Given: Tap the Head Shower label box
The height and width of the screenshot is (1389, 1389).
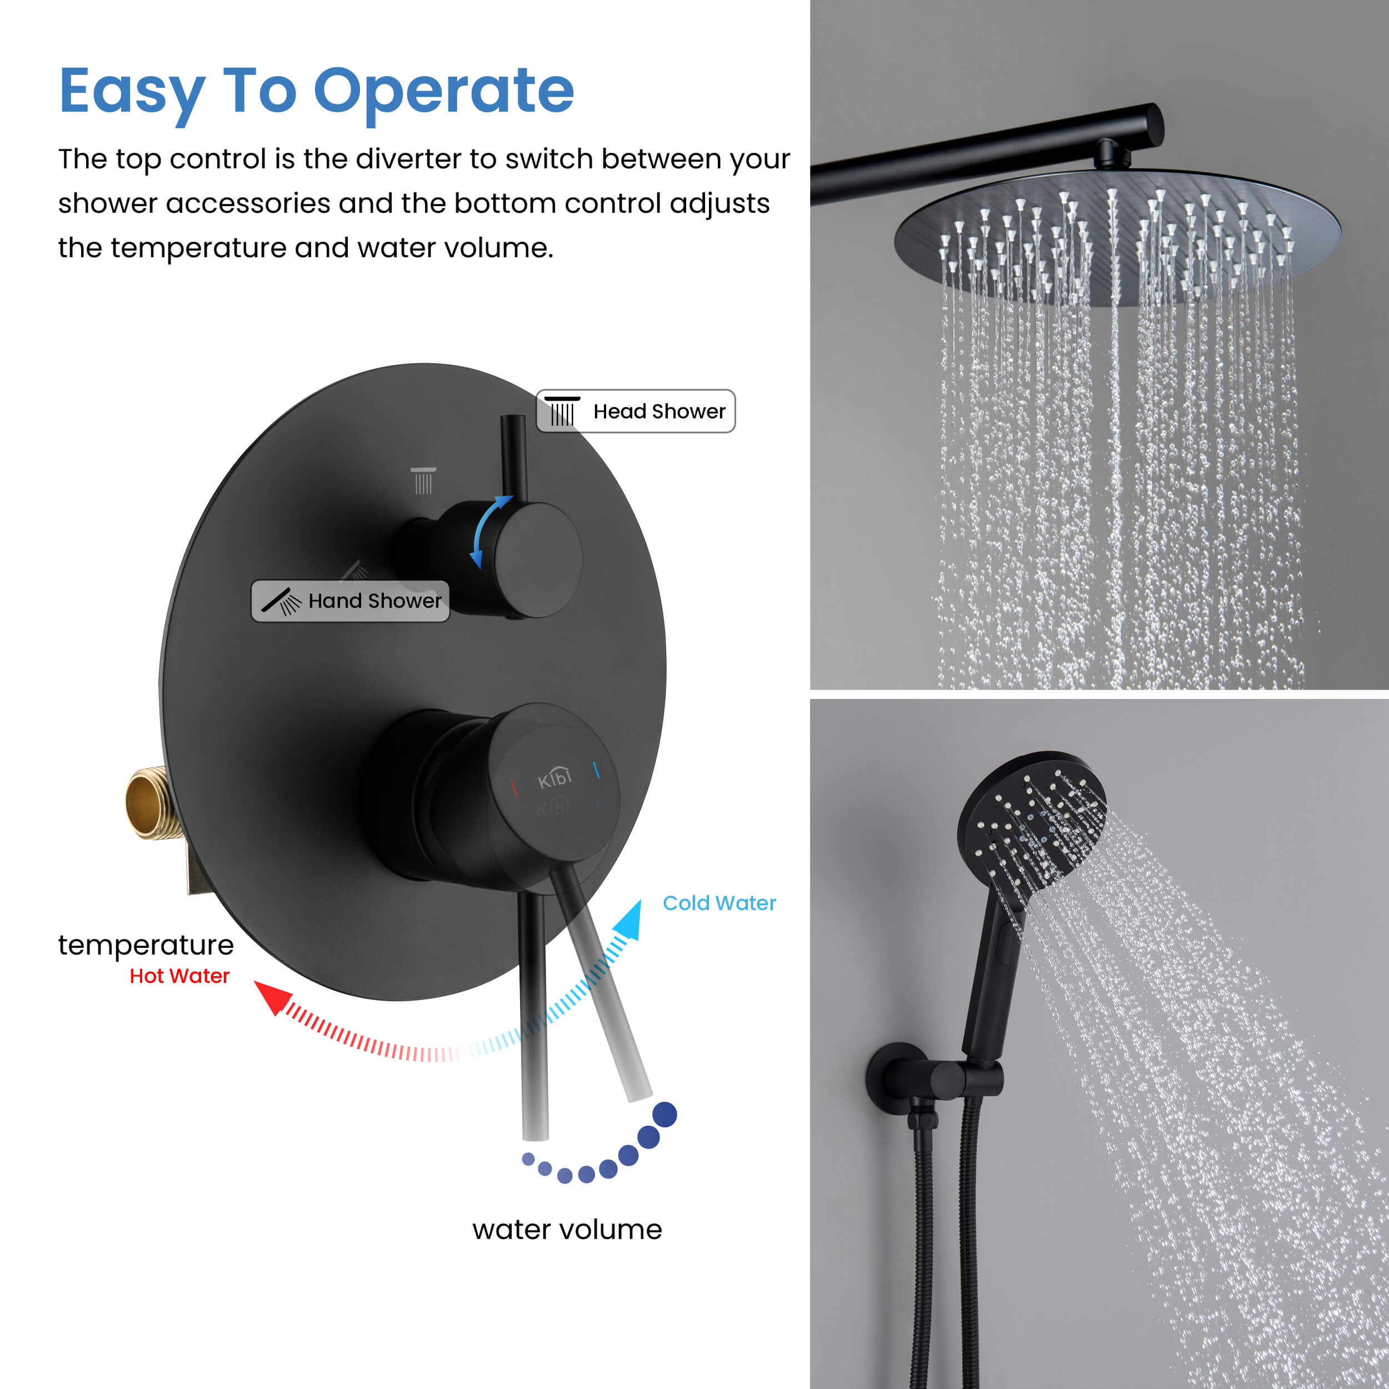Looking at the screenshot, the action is [636, 411].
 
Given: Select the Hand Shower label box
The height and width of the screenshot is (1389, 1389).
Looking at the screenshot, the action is [350, 601].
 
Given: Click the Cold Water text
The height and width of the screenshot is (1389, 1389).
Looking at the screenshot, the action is [719, 903].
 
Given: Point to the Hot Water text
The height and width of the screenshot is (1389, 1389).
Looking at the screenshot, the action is [179, 976].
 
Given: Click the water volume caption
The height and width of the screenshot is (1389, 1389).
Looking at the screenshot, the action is [567, 1230].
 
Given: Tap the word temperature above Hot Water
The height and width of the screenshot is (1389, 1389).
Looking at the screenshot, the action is [146, 945].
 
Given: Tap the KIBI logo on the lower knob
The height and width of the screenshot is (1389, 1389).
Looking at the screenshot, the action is [554, 778].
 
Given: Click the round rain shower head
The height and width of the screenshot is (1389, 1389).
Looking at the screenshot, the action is [1117, 237].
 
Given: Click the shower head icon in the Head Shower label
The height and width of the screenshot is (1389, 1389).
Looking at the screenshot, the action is [562, 411].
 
